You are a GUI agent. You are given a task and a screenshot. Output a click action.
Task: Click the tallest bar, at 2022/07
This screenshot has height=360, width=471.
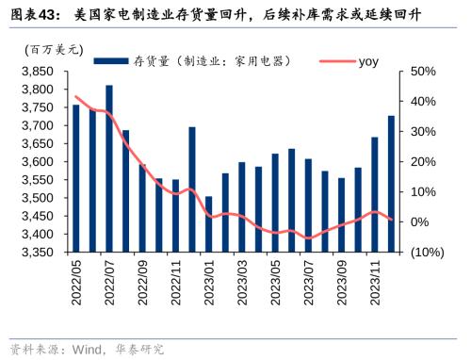109,170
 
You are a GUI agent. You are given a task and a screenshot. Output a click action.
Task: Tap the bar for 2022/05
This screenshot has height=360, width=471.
76,179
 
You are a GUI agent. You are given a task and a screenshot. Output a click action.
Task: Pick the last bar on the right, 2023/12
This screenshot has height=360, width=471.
391,184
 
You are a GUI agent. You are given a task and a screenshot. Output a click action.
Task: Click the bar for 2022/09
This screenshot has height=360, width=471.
142,208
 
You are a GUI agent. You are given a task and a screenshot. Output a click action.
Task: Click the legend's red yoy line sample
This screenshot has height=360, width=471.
334,61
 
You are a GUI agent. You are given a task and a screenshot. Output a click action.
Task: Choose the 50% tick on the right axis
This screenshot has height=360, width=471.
422,72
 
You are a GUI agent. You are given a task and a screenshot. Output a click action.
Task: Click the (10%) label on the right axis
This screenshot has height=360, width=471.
426,253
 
